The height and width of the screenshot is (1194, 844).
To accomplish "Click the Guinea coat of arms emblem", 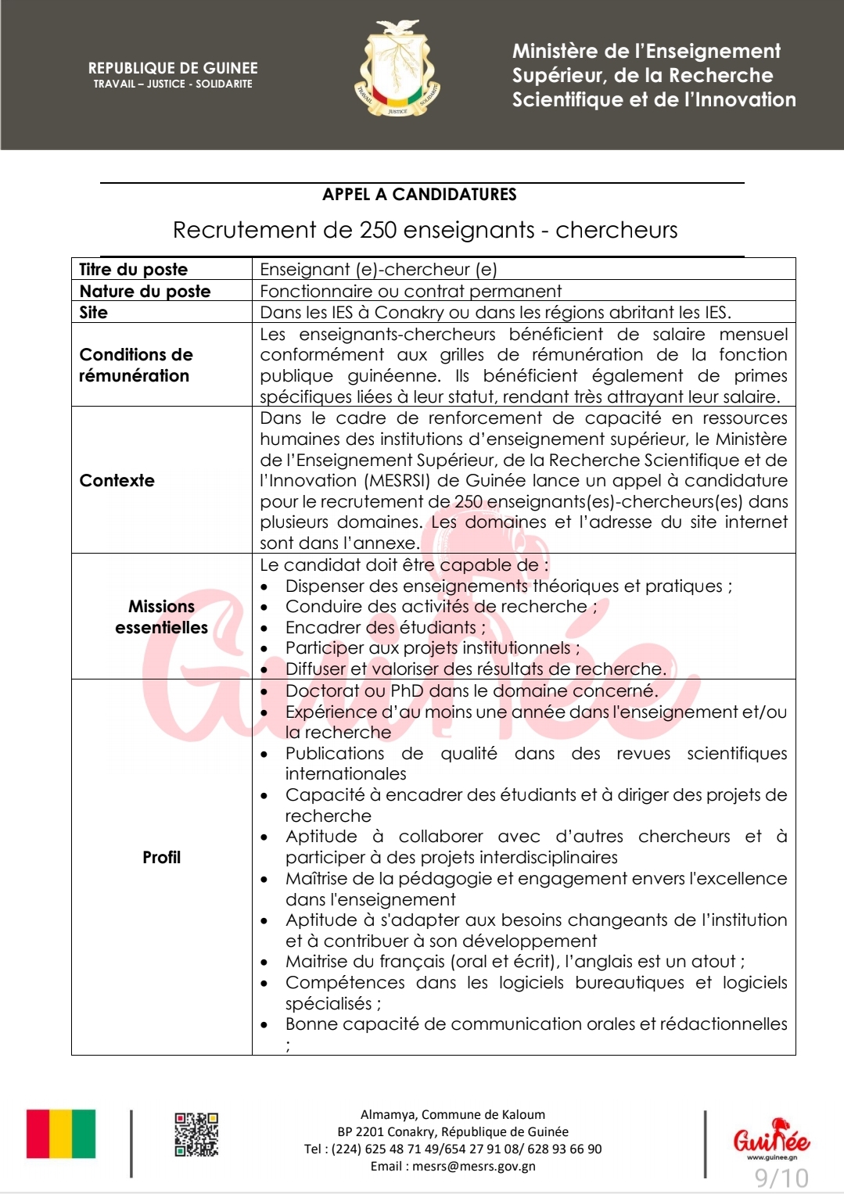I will tap(397, 70).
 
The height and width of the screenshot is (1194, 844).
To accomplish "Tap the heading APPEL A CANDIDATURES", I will tap(419, 195).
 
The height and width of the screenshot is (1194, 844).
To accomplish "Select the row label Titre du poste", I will tap(134, 270).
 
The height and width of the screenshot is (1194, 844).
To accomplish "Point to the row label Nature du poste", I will tap(145, 292).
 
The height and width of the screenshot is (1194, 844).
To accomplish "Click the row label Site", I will tap(94, 313).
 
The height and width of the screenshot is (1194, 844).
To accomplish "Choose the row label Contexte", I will tap(117, 481).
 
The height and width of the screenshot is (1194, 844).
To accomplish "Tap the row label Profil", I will tap(162, 858).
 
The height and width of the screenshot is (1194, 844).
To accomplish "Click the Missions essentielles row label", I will tap(162, 617).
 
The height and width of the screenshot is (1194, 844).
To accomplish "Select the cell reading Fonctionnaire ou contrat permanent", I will tap(411, 292).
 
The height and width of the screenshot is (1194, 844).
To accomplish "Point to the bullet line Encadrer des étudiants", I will tap(385, 628).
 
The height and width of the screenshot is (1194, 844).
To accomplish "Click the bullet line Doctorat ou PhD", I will tap(471, 691).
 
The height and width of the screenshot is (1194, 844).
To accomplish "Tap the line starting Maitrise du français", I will tap(515, 962).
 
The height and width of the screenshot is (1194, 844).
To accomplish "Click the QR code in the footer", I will tap(196, 1135).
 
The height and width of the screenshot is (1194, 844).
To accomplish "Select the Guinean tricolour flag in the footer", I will tap(61, 1134).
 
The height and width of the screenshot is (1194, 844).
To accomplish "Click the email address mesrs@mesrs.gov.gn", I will tap(474, 1167).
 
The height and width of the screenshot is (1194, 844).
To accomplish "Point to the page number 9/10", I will tap(781, 1178).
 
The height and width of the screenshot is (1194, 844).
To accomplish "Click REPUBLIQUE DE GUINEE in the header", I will tap(173, 69).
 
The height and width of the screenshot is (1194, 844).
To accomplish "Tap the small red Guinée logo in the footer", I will tap(770, 1138).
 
